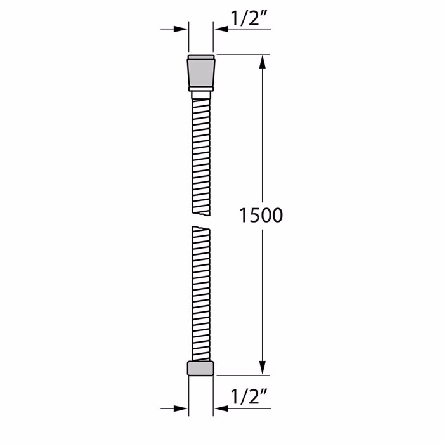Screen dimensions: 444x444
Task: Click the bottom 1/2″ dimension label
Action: coord(249,398)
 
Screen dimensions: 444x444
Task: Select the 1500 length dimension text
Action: coord(261,215)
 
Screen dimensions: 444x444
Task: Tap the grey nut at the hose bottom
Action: coord(201,368)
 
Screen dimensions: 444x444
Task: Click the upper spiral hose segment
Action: coord(201,152)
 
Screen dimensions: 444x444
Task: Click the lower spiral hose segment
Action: coord(201,292)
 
